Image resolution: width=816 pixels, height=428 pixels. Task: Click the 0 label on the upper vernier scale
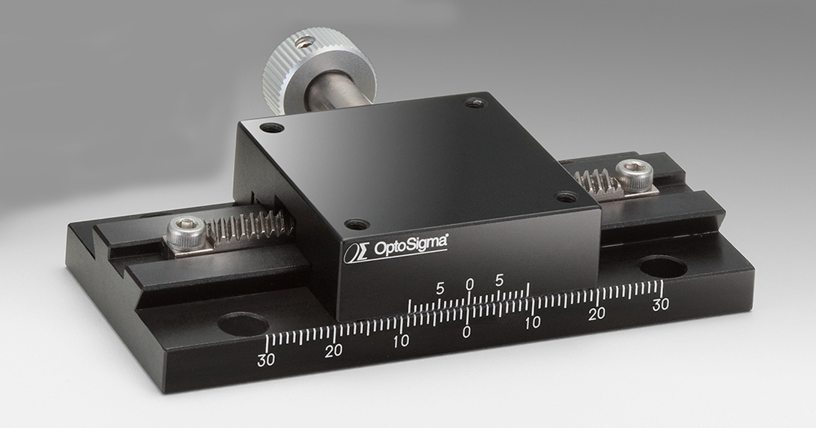(470, 284)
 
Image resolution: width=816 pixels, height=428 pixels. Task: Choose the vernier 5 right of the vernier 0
(500, 280)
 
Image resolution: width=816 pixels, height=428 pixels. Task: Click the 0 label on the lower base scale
(467, 331)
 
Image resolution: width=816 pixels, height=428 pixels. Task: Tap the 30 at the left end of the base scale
(266, 360)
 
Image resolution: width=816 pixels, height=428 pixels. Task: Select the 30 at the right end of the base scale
(660, 304)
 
